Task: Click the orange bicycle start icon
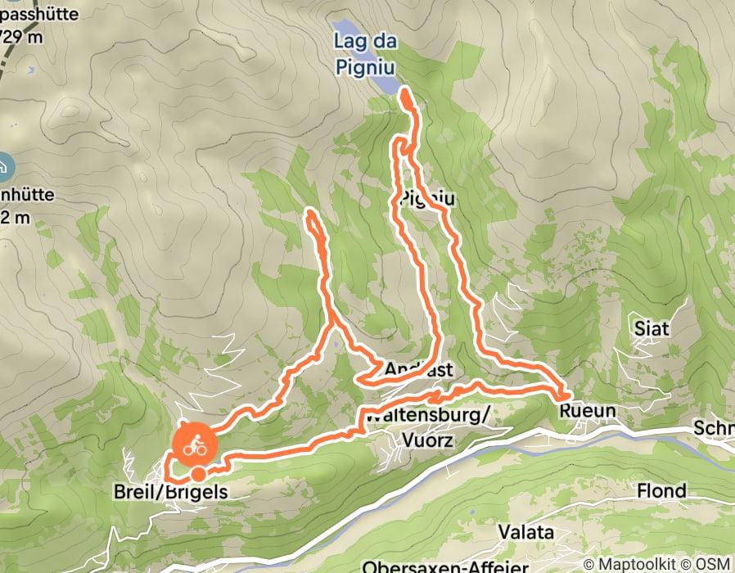click(194, 446)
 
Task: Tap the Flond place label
click(663, 491)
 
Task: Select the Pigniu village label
click(427, 198)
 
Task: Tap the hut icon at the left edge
click(4, 167)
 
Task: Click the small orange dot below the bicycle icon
click(198, 474)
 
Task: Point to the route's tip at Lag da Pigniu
click(405, 95)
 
